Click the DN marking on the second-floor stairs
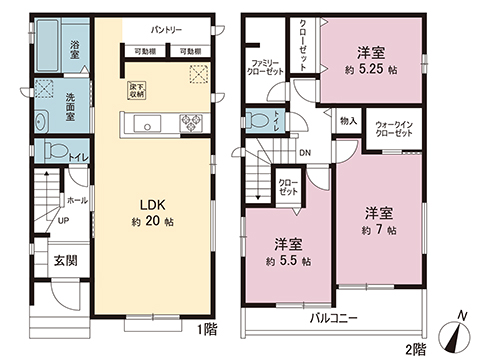coord(304,153)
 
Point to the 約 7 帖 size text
coord(376,230)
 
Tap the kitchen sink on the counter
coord(147,124)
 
